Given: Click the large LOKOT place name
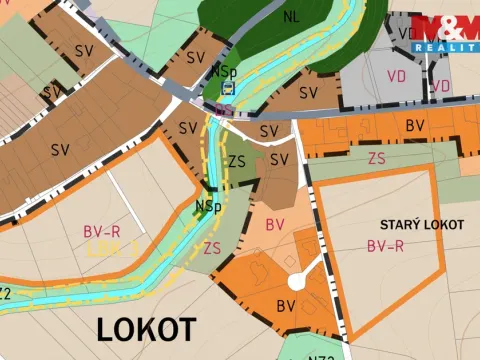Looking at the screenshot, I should pos(146,328).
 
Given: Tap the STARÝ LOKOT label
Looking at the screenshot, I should pos(422,225).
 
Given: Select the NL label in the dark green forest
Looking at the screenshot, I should pos(291,17).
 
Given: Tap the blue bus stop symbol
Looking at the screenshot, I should pos(228,88).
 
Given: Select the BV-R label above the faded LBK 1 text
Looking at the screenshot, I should pos(102,231).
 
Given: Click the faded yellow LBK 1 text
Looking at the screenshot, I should pos(110,247).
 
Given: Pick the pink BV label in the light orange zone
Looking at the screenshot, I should pos(276,225).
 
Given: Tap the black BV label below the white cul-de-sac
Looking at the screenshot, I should pos(286,305).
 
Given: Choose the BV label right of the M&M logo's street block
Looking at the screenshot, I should pos(415,126).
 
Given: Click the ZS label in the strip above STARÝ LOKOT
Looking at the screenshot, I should pos(377,158).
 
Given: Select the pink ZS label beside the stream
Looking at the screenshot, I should pos(212,247).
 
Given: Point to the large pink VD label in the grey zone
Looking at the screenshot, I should pos(397,75).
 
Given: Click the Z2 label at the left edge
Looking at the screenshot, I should pos(5,293).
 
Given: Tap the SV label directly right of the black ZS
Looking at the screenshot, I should pos(280,160).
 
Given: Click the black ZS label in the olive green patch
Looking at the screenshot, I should pos(238,161).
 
